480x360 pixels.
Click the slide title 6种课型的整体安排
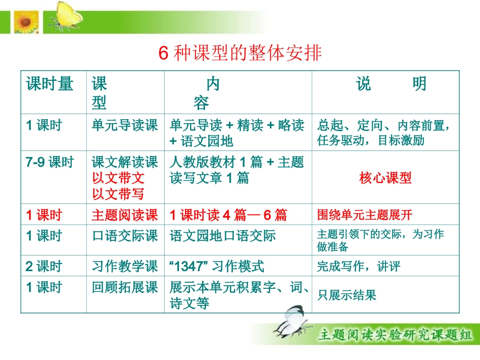coord(240,53)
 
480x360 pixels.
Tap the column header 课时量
coord(50,84)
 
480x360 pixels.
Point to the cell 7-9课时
coord(50,163)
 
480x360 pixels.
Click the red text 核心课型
coord(386,178)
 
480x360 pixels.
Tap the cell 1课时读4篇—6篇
coord(228,216)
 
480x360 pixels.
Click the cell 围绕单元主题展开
coord(365,216)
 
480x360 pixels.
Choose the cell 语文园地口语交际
coord(223,236)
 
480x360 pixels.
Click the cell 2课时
coord(44,267)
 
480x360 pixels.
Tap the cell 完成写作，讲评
coord(358,267)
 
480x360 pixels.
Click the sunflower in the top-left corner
coord(23,22)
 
